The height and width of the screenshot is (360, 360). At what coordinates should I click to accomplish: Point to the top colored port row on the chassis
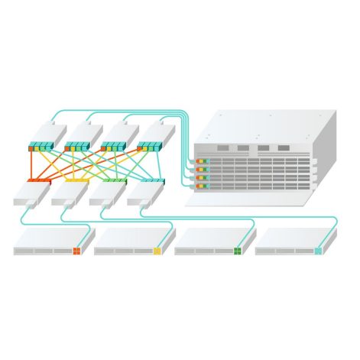click(202, 161)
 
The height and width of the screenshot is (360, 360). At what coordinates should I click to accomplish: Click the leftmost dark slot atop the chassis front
click(222, 148)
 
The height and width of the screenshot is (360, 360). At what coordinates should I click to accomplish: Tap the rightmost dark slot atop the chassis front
click(284, 148)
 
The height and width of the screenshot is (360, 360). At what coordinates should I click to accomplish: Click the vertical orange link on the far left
click(31, 164)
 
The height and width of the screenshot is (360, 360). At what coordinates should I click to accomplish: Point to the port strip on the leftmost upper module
click(41, 145)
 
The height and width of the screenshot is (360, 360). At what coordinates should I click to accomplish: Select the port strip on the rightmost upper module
click(150, 145)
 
